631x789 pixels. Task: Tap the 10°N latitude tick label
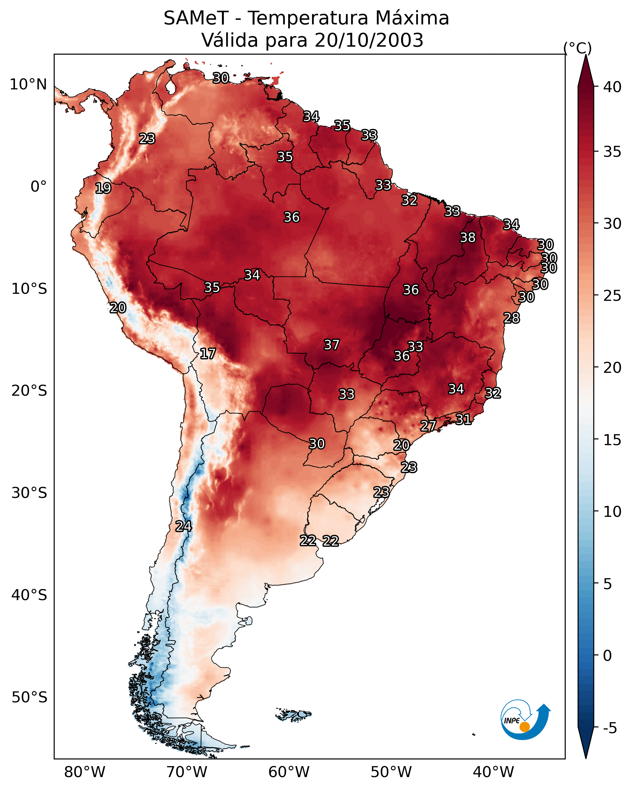pyautogui.click(x=28, y=85)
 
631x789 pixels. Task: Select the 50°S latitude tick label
pyautogui.click(x=29, y=697)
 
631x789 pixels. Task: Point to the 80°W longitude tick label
pyautogui.click(x=85, y=772)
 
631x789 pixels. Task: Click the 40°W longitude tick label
pyautogui.click(x=493, y=772)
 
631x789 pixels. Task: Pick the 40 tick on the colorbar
pyautogui.click(x=612, y=87)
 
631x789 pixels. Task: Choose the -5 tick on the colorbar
pyautogui.click(x=610, y=728)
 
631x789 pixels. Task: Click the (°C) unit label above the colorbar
pyautogui.click(x=578, y=48)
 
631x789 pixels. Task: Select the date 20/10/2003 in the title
pyautogui.click(x=369, y=40)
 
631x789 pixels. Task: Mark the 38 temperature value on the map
pyautogui.click(x=468, y=237)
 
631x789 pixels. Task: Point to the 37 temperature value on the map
pyautogui.click(x=332, y=345)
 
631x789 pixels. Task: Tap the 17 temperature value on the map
pyautogui.click(x=208, y=354)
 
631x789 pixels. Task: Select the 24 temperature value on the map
pyautogui.click(x=183, y=526)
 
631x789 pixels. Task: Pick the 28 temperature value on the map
pyautogui.click(x=512, y=318)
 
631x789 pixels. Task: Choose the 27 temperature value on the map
pyautogui.click(x=428, y=426)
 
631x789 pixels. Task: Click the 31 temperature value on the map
pyautogui.click(x=463, y=419)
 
